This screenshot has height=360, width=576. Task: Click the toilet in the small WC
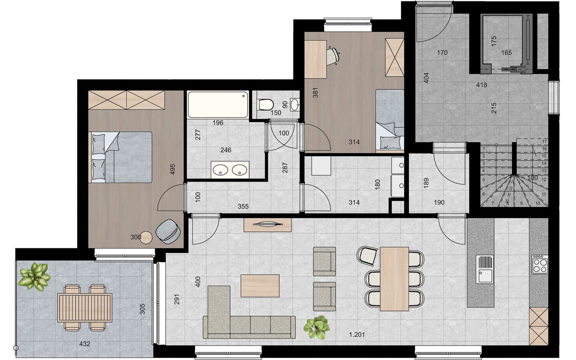click(x=265, y=105)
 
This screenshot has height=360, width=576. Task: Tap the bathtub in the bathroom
click(x=218, y=105)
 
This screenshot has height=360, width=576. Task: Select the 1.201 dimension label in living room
click(x=356, y=335)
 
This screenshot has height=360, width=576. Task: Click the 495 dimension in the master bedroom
click(x=173, y=169)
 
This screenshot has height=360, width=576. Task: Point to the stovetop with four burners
click(x=539, y=264)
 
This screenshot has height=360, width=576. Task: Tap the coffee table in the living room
click(x=260, y=286)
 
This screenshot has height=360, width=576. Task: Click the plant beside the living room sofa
click(x=317, y=327)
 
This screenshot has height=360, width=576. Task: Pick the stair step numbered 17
click(x=544, y=142)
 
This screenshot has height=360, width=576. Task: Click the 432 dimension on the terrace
click(x=85, y=344)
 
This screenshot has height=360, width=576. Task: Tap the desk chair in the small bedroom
click(x=333, y=56)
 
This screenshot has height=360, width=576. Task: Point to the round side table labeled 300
click(x=147, y=237)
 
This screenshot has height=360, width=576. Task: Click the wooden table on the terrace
click(x=84, y=307)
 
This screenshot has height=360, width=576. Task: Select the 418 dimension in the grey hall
click(x=482, y=85)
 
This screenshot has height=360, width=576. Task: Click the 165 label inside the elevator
click(x=506, y=52)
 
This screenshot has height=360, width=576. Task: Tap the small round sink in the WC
click(x=295, y=105)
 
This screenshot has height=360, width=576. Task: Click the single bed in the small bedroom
click(x=389, y=120)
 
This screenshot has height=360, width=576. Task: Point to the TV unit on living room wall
click(x=267, y=225)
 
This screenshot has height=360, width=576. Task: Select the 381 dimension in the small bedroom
click(x=315, y=93)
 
